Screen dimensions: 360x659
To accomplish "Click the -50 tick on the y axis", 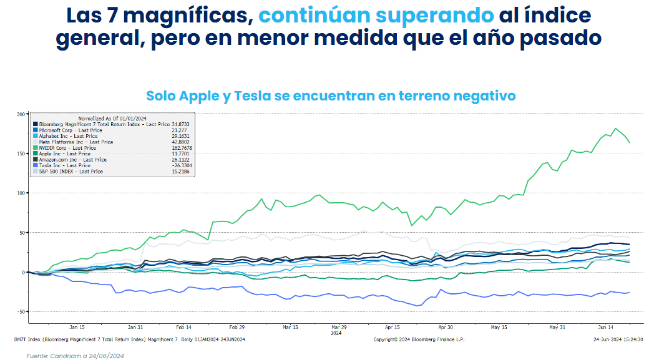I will tap(20, 312).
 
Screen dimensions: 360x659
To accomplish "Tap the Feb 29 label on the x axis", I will tap(237, 327).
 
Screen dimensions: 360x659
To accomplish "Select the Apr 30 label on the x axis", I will tap(446, 327).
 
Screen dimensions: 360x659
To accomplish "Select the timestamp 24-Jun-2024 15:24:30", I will tap(618, 339).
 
